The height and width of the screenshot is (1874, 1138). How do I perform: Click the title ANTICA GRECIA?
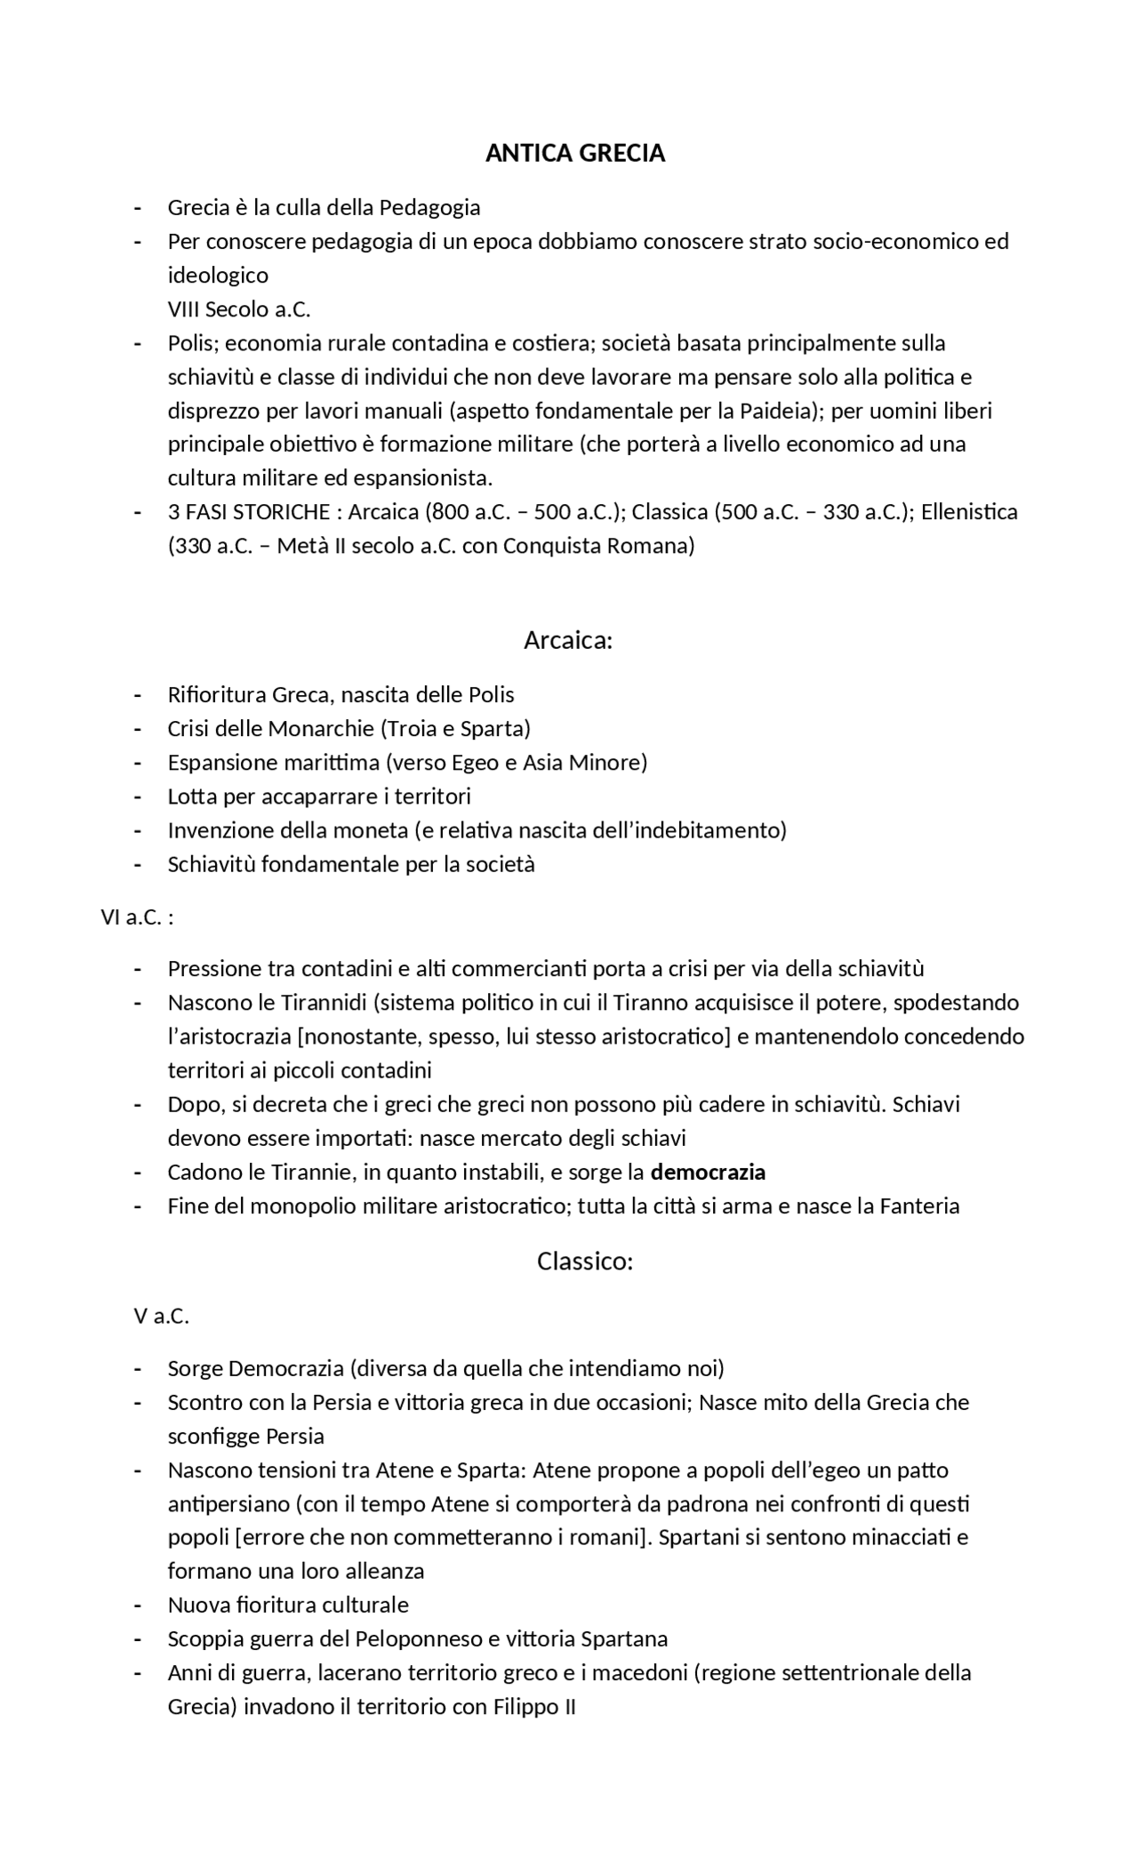coord(575,154)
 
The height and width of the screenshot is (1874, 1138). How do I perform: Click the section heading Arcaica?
coord(568,640)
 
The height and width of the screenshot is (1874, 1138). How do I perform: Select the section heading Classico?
coord(584,1261)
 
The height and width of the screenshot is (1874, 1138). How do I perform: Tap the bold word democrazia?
coord(708,1173)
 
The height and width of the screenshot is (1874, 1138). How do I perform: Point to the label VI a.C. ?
coord(137,917)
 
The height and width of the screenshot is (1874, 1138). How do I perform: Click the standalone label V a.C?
coord(162,1316)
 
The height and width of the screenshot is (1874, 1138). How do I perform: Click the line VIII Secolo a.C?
coord(239,309)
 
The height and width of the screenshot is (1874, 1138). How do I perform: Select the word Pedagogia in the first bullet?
coord(430,208)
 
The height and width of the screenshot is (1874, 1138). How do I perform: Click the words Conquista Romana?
coord(595,546)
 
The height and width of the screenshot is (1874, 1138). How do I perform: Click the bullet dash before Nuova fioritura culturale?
coord(138,1606)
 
